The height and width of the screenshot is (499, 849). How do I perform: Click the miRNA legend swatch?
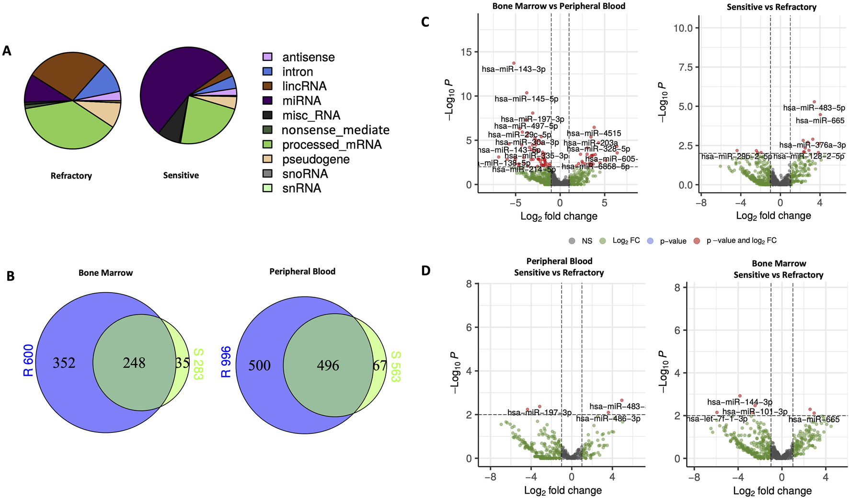(267, 101)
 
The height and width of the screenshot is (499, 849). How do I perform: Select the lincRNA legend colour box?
(267, 86)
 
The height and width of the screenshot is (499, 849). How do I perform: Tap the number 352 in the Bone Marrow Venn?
(64, 363)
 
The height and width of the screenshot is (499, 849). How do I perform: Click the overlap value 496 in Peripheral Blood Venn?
(328, 365)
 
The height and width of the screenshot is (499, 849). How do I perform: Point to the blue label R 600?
(28, 361)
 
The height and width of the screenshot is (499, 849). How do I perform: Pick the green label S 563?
(395, 366)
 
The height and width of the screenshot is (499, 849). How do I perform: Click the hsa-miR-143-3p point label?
(514, 69)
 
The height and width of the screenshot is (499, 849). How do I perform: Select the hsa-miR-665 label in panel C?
(820, 121)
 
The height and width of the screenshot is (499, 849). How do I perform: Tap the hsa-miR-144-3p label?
(740, 402)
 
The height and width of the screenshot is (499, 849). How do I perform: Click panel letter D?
(425, 271)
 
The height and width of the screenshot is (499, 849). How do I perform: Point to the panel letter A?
(7, 51)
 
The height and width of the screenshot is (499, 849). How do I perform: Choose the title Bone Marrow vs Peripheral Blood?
(559, 6)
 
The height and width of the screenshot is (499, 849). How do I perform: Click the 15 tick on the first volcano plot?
(466, 52)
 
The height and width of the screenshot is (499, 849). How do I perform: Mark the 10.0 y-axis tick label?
(683, 28)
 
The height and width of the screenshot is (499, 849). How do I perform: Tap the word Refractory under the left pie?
(71, 176)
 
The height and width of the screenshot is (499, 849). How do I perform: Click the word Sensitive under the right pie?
(181, 175)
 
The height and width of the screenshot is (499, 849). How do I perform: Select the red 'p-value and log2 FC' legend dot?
(697, 241)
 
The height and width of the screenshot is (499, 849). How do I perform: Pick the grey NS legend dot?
(572, 241)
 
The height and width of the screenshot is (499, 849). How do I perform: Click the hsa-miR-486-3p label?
(608, 419)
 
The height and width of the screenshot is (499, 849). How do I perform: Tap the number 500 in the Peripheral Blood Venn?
(259, 365)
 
